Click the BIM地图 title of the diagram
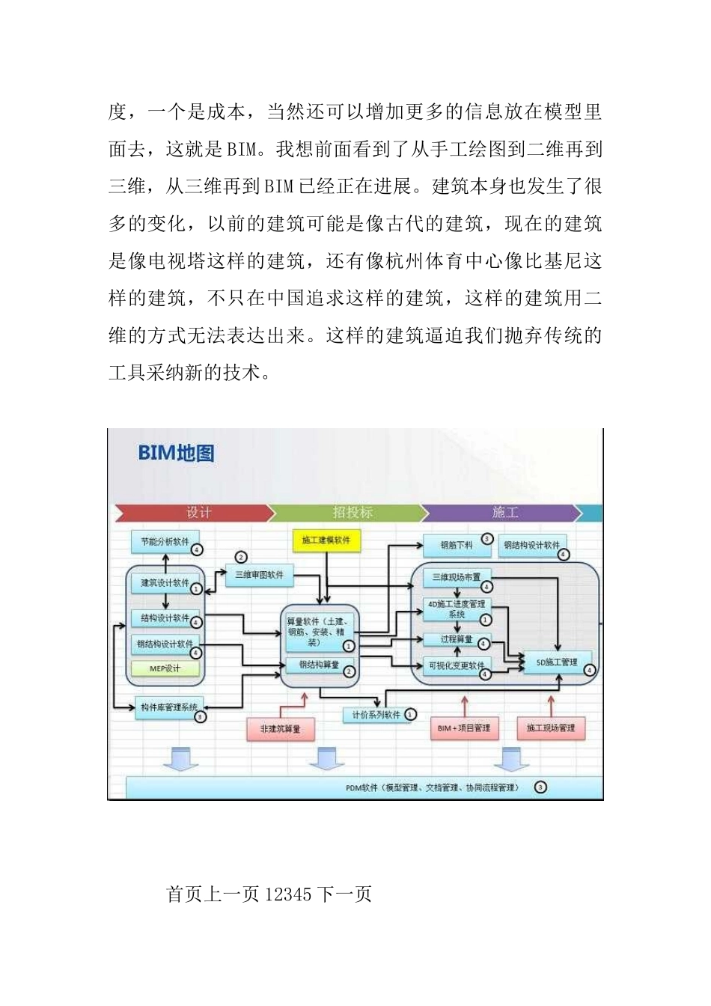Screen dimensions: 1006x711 (176, 453)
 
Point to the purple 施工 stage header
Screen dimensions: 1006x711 (505, 513)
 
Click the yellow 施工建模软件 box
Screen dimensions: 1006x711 (326, 540)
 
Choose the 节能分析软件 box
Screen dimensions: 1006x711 (165, 541)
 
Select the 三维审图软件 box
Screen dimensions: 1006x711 (259, 575)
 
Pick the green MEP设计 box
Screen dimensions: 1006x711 (165, 668)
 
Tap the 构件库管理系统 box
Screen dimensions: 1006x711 (169, 707)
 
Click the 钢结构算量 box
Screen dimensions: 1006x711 (319, 665)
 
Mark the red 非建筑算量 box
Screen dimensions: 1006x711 (280, 728)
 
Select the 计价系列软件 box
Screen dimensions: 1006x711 (376, 716)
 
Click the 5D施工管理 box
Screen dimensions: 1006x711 (557, 662)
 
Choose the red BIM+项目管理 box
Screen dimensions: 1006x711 (464, 728)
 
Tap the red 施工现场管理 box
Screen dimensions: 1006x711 (551, 728)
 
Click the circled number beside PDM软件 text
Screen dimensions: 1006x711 (540, 787)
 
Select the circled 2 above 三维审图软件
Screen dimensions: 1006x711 (241, 557)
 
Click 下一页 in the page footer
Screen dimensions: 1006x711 (344, 894)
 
